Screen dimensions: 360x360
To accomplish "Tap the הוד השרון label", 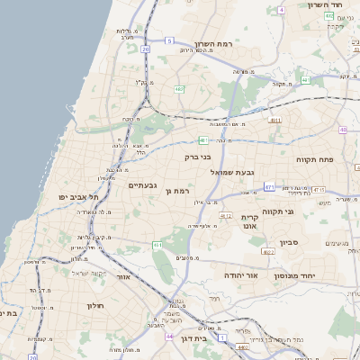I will (x=328, y=5).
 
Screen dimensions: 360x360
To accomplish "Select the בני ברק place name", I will (x=197, y=157).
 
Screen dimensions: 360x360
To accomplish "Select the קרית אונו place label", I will (x=250, y=222).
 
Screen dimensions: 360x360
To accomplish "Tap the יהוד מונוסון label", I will (x=317, y=275).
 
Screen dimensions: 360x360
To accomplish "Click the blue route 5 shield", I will (x=168, y=40).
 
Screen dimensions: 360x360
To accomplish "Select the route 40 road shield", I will (x=343, y=130).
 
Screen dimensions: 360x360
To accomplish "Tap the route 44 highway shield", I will (x=169, y=337).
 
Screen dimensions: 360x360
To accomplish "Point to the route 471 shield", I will (x=269, y=186).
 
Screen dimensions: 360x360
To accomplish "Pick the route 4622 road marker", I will (x=226, y=216).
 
